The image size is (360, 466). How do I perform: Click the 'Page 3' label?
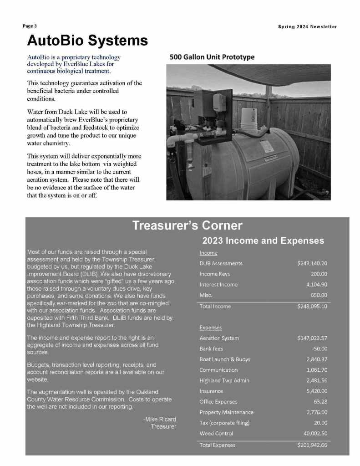pos(30,26)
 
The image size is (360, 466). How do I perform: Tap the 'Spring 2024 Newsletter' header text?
pos(307,26)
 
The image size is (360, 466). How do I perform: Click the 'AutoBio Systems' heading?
pos(87,41)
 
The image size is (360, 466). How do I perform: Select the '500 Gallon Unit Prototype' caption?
pos(212,57)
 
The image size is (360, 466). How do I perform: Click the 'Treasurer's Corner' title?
pos(187,225)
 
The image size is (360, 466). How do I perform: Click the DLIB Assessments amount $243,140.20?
pos(312,263)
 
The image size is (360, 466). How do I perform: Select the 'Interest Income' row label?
pos(218,285)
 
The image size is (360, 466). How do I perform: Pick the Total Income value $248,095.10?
pos(312,306)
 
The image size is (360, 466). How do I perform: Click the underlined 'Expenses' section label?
pos(211,328)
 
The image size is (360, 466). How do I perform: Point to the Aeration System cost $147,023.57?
pos(312,338)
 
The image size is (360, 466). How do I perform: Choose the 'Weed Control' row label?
pos(216,433)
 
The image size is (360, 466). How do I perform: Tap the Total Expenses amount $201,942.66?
pos(312,445)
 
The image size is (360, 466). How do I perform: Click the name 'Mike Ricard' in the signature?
pos(161,419)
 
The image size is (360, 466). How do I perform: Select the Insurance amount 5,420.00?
pos(317,391)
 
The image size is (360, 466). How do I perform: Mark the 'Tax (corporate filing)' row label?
pos(224,423)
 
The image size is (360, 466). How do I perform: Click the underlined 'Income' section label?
pos(208,253)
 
